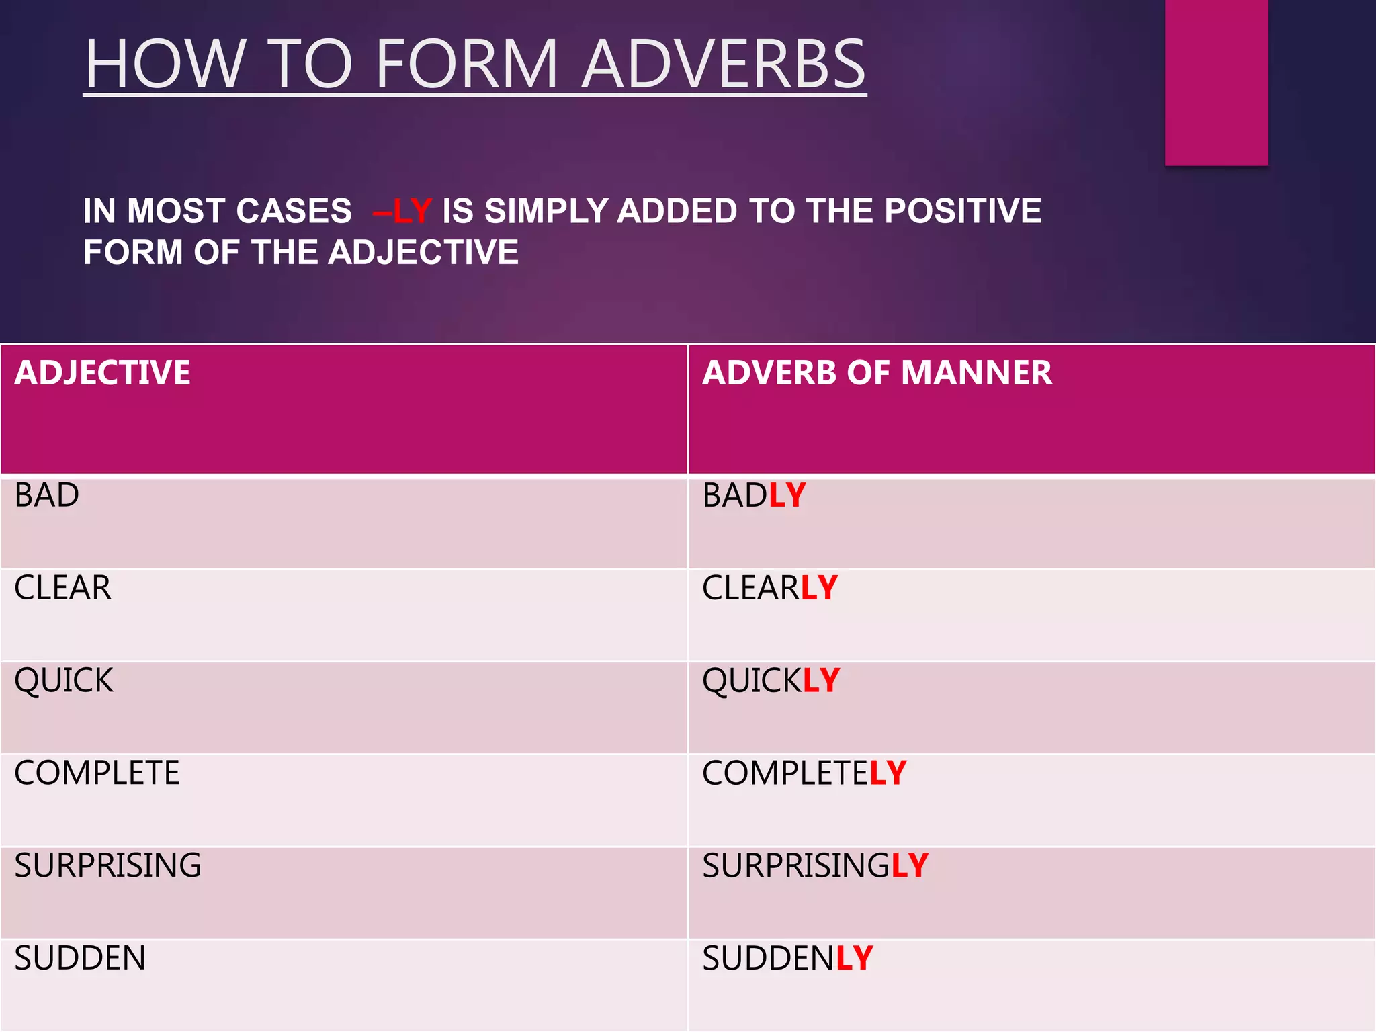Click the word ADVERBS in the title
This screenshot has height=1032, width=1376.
tap(724, 64)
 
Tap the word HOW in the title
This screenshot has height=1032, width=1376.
tap(164, 64)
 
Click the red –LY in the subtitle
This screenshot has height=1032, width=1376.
tap(402, 211)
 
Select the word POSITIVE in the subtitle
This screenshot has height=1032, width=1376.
tap(962, 211)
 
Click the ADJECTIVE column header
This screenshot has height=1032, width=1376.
tap(103, 373)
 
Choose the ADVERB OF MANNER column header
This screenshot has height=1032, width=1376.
tap(877, 373)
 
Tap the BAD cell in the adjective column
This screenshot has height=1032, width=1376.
tap(47, 496)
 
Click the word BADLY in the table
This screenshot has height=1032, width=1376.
tap(754, 496)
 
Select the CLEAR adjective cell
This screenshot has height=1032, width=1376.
tap(62, 588)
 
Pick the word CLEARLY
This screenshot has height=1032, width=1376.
tap(770, 588)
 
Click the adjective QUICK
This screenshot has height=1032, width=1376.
tap(64, 681)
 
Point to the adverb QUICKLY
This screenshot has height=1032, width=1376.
tap(771, 681)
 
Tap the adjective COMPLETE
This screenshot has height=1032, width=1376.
tap(97, 773)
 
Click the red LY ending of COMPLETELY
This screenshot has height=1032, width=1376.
tap(888, 773)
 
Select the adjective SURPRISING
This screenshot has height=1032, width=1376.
tap(107, 865)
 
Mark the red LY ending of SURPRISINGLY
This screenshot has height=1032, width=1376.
tap(910, 865)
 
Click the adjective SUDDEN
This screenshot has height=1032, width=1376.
tap(80, 958)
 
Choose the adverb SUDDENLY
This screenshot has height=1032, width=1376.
tap(787, 958)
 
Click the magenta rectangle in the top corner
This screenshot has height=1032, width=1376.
tap(1216, 82)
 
